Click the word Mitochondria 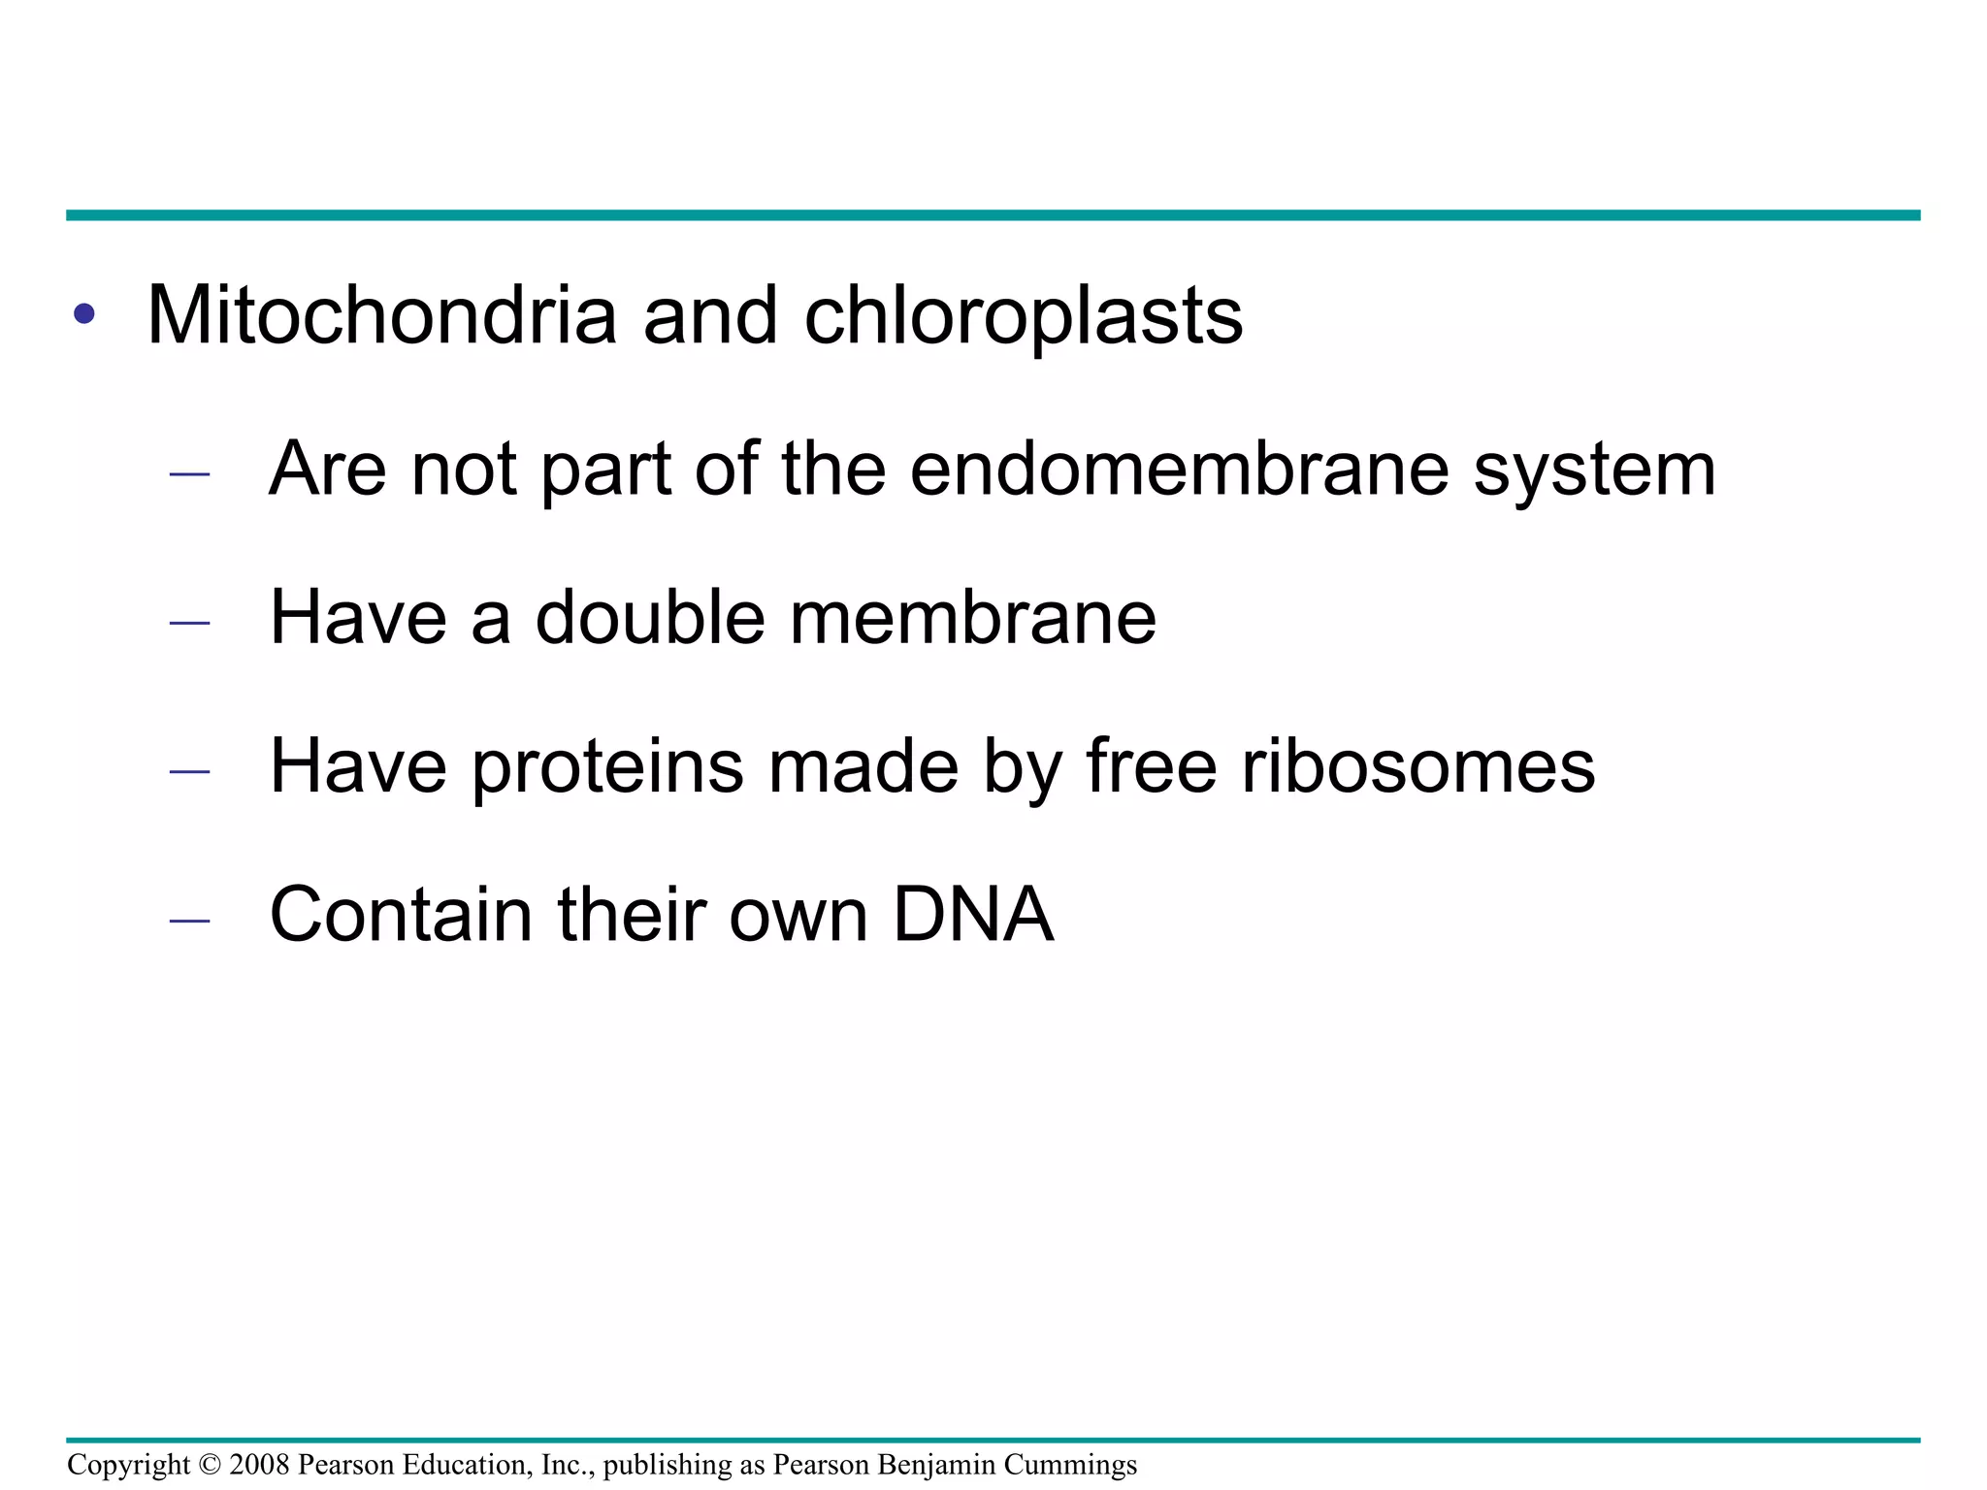[x=381, y=315]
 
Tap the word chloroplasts [x=1024, y=317]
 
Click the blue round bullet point [x=84, y=313]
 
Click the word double [x=650, y=617]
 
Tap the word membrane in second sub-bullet [x=972, y=617]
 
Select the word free [x=1151, y=766]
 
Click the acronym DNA [x=972, y=914]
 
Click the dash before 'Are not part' [x=189, y=474]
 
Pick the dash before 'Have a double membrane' [x=189, y=623]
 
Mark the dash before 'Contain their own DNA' [x=189, y=920]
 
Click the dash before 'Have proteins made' [x=189, y=771]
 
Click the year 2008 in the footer [x=259, y=1464]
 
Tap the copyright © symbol [x=210, y=1464]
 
